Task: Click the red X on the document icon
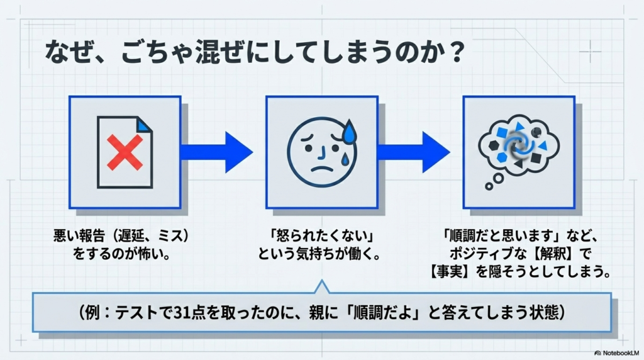pyautogui.click(x=125, y=152)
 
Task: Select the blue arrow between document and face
pyautogui.click(x=216, y=152)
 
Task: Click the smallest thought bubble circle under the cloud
pyautogui.click(x=487, y=187)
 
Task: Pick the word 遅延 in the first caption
pyautogui.click(x=134, y=238)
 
